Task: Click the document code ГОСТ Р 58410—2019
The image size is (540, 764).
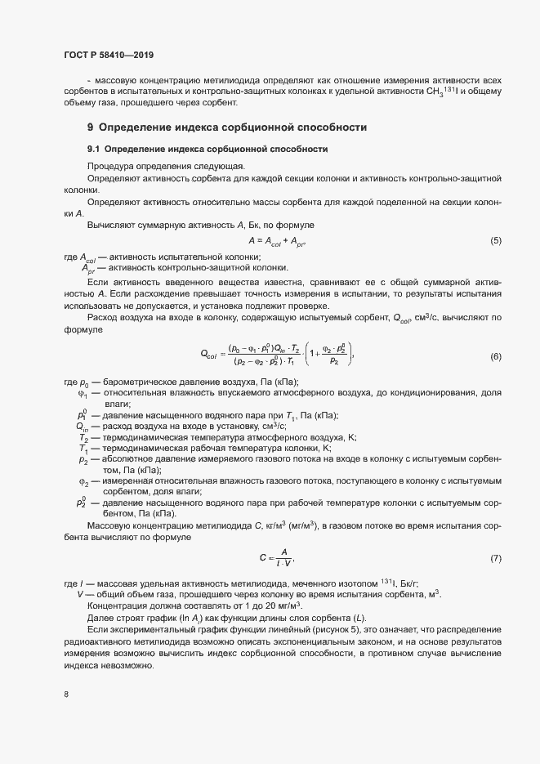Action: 109,56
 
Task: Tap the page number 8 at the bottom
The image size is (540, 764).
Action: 65,695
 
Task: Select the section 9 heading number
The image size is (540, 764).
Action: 91,127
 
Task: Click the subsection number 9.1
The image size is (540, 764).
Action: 93,149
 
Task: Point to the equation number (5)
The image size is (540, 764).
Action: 495,241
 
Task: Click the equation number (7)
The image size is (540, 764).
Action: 495,558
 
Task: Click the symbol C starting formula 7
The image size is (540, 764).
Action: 262,558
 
